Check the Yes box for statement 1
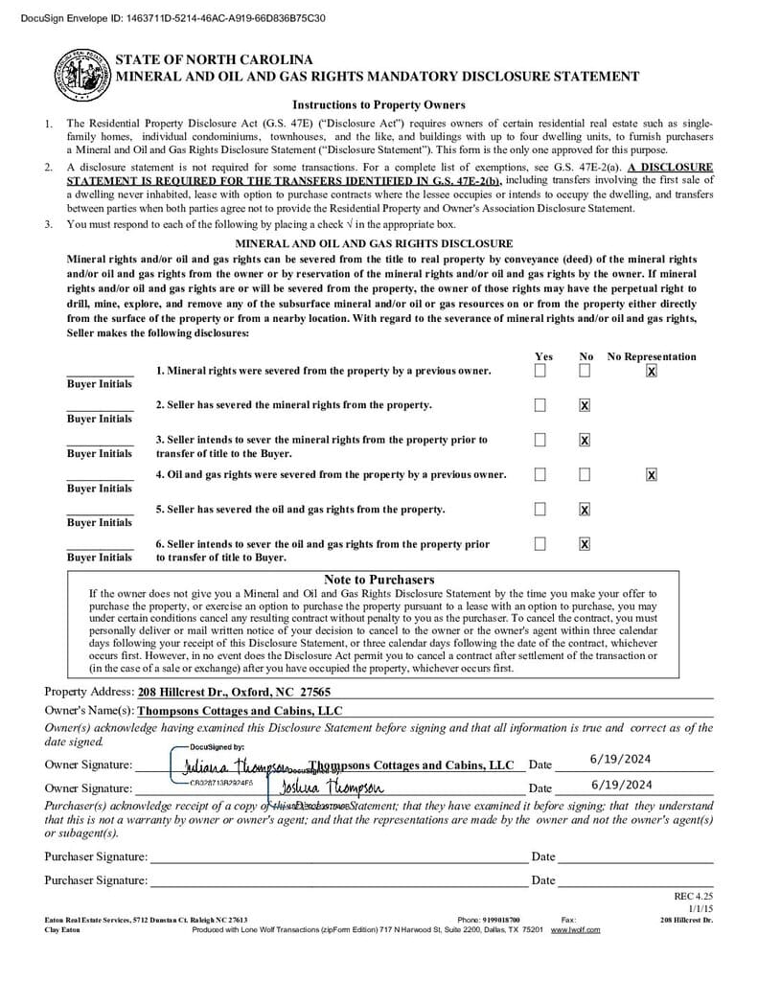(540, 371)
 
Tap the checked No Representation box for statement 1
(652, 371)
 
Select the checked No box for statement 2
(585, 405)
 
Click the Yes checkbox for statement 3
(540, 440)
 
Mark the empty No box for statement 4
(585, 474)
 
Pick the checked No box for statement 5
(585, 509)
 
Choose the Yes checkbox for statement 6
(540, 543)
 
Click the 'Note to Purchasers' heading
(379, 580)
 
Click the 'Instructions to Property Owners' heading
(379, 104)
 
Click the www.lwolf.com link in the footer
(575, 929)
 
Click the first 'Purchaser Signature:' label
(96, 856)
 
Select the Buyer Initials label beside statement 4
(100, 488)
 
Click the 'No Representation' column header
(652, 356)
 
